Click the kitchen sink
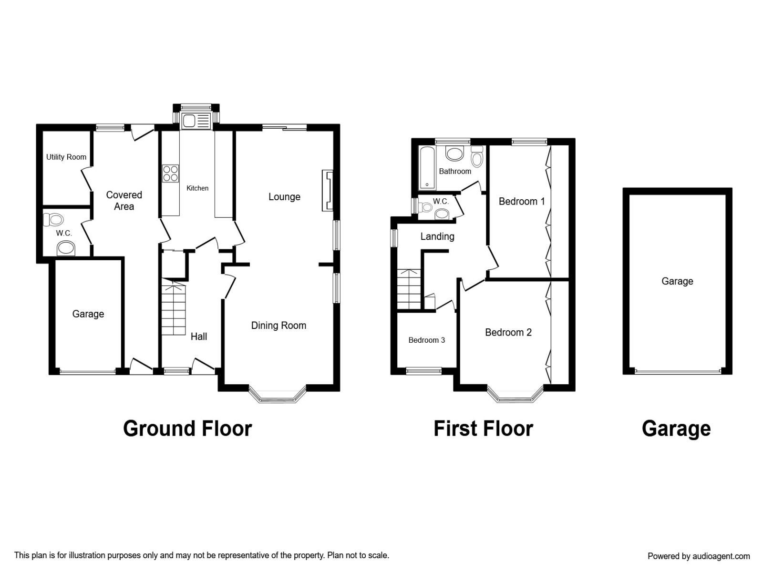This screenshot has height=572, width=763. pos(196,121)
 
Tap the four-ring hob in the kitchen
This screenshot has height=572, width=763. pos(170,174)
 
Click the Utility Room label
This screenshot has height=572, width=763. pos(66,157)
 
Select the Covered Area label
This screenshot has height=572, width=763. pos(124,200)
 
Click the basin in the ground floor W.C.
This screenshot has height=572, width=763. pos(66,249)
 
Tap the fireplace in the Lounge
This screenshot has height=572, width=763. pos(328,190)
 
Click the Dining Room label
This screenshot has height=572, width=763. pos(278,326)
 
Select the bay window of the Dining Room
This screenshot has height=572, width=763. pos(278,395)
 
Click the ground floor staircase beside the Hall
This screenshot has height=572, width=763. pos(174,309)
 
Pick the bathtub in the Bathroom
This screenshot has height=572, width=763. pos(427,168)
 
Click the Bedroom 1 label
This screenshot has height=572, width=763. pos(521,201)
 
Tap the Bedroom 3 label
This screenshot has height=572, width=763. pos(426,340)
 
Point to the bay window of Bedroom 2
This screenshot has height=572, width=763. pos(515,394)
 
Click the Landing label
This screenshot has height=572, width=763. pos(437,236)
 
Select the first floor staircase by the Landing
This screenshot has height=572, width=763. pos(409,289)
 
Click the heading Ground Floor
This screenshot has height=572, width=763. pos(187,429)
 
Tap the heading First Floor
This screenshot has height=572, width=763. pos(483,429)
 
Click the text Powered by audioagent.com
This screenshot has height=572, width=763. pos(699,556)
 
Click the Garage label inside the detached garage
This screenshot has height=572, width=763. pos(677,281)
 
